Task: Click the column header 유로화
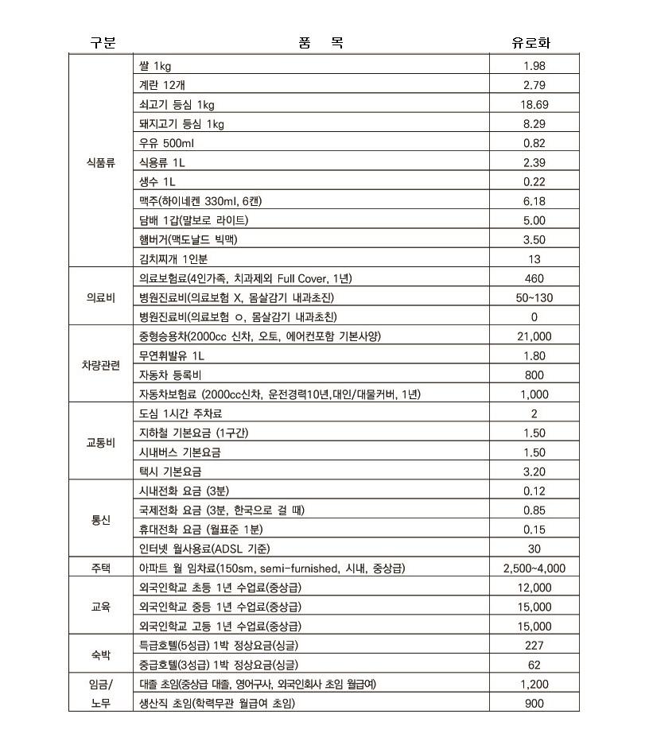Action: (x=534, y=43)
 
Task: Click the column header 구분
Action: (x=101, y=43)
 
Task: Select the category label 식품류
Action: (x=101, y=162)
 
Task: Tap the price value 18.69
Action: (x=534, y=104)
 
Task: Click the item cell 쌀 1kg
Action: (x=150, y=66)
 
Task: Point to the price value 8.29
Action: (x=534, y=124)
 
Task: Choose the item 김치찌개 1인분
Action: (x=173, y=258)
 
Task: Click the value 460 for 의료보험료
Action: (x=534, y=278)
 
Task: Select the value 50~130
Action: (x=534, y=297)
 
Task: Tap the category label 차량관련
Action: (x=101, y=365)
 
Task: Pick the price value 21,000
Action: (x=534, y=336)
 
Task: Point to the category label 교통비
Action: (x=101, y=443)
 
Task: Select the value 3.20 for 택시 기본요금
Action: (x=534, y=471)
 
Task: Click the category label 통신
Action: (x=101, y=520)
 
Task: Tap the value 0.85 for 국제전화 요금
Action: (x=534, y=510)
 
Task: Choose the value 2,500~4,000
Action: (x=534, y=568)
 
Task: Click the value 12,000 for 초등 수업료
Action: (x=534, y=588)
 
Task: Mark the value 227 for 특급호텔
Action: (x=534, y=646)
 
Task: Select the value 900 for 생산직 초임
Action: (x=534, y=703)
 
